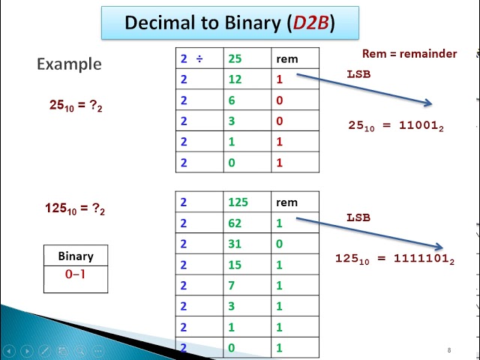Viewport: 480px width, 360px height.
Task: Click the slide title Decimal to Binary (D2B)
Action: coord(229,22)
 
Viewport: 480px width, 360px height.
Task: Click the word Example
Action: coord(69,64)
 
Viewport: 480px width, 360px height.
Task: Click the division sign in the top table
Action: coord(199,58)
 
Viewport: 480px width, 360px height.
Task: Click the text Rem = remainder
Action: coord(409,53)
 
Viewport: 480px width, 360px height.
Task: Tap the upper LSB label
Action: coord(358,74)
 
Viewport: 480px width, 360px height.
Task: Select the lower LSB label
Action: coord(358,217)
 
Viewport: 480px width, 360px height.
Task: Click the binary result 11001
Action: coord(419,126)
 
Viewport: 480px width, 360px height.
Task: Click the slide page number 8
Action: coord(449,350)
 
